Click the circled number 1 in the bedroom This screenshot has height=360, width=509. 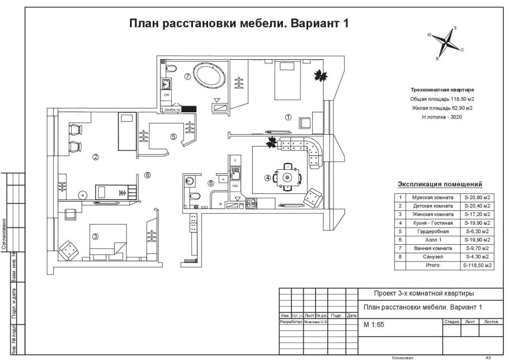click(288, 117)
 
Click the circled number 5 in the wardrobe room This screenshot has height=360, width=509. click(173, 136)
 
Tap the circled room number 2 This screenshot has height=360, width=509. click(96, 157)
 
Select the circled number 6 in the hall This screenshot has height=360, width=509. click(148, 175)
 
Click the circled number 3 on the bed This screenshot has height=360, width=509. click(96, 236)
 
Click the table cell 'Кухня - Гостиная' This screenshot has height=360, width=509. click(432, 222)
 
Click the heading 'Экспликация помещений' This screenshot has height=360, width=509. click(440, 183)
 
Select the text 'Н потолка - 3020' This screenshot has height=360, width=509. click(442, 117)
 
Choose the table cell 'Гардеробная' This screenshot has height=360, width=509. click(432, 231)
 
